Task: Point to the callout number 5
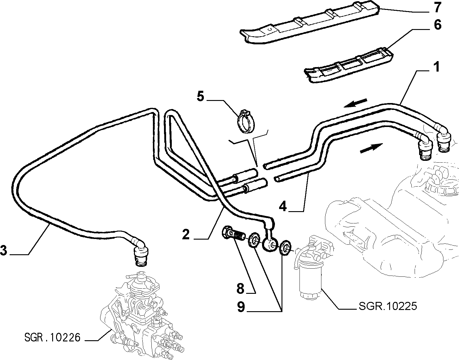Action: [201, 96]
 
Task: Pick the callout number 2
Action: [186, 234]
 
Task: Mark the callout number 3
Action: [4, 250]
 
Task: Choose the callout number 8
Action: [240, 288]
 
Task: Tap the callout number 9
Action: [241, 307]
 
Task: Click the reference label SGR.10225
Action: [388, 306]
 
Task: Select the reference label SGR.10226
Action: [52, 337]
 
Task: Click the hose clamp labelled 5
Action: [246, 121]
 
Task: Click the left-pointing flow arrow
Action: [356, 103]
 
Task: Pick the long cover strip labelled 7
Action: [310, 25]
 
